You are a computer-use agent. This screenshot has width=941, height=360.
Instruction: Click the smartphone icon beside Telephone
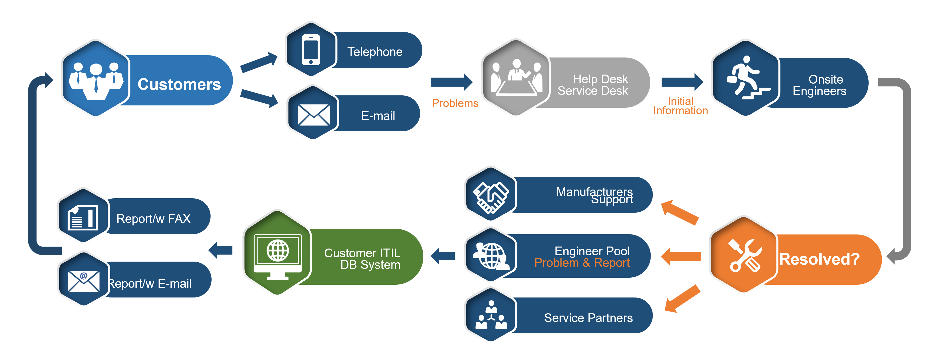point(311,50)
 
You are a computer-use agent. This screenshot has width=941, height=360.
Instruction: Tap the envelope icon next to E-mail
point(313,114)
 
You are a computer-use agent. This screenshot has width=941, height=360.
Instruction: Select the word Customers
point(179,84)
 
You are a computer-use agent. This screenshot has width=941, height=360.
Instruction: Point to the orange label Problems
point(455,103)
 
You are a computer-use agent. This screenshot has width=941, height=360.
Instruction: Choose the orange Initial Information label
point(680,106)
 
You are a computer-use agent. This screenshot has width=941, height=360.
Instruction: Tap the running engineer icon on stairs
point(747,77)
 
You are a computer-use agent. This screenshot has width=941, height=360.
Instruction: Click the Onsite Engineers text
point(819,85)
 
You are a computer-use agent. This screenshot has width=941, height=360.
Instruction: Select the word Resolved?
point(819,259)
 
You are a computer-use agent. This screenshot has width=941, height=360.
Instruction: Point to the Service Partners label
point(588,318)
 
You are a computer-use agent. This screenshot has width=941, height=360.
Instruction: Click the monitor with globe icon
point(278,254)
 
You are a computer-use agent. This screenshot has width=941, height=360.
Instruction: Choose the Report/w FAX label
point(154,219)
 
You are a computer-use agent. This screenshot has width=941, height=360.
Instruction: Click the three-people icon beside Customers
point(96,80)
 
